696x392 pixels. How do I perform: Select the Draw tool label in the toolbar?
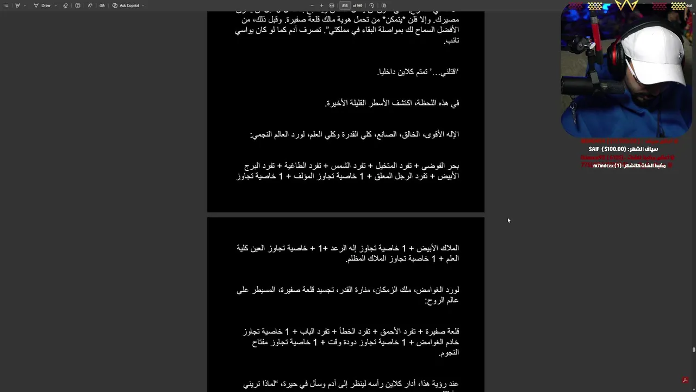[46, 5]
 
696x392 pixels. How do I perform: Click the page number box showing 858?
[345, 5]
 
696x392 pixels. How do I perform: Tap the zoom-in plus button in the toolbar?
[321, 5]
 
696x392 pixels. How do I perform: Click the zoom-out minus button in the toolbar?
[312, 5]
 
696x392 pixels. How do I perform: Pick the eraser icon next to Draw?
[65, 5]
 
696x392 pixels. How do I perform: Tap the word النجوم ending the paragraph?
[449, 353]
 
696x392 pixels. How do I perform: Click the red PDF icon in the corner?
[685, 380]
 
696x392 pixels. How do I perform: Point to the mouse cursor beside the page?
[508, 220]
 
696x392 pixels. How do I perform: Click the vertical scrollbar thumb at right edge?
[693, 350]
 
